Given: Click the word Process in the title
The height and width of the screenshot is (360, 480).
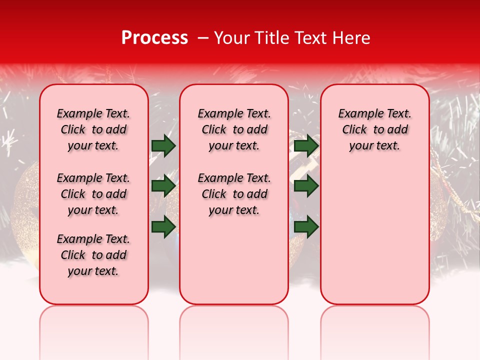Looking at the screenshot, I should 154,38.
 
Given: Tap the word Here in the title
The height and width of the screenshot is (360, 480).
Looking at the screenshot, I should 351,38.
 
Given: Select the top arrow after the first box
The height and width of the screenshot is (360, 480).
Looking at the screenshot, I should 163,145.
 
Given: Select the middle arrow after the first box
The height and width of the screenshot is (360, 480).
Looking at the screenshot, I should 163,186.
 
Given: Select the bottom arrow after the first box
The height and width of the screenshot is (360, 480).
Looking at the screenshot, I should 163,226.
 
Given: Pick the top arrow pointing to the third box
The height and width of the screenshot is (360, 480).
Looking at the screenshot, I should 306,145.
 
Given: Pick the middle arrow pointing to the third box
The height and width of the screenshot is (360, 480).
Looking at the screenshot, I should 306,186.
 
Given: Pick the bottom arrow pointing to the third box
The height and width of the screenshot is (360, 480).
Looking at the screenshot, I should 306,226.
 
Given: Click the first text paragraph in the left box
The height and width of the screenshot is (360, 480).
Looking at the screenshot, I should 93,129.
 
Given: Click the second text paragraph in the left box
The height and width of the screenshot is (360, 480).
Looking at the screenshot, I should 93,194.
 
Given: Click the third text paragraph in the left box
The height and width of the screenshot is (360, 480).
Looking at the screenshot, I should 93,255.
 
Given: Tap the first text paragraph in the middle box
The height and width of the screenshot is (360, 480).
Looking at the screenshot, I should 234,129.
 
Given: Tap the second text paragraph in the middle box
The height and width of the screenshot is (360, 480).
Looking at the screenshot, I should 234,194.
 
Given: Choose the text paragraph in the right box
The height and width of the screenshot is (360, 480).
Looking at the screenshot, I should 374,129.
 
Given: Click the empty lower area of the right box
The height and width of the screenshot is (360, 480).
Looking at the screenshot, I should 374,240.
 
